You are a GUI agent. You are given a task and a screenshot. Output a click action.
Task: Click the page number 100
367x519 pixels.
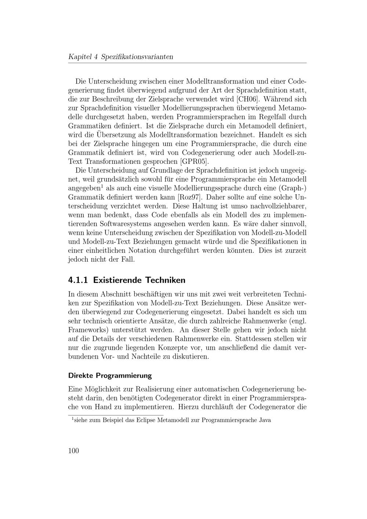click(x=73, y=451)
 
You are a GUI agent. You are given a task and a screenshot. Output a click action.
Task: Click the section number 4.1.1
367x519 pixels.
click(x=78, y=280)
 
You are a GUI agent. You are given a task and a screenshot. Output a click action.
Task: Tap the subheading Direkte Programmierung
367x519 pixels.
click(x=110, y=375)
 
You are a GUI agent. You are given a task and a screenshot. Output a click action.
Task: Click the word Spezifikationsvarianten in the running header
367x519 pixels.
click(x=137, y=57)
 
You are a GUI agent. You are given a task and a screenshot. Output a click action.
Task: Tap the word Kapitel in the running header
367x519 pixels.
click(x=80, y=57)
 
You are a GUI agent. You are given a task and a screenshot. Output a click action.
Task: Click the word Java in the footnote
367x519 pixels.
click(x=265, y=420)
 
